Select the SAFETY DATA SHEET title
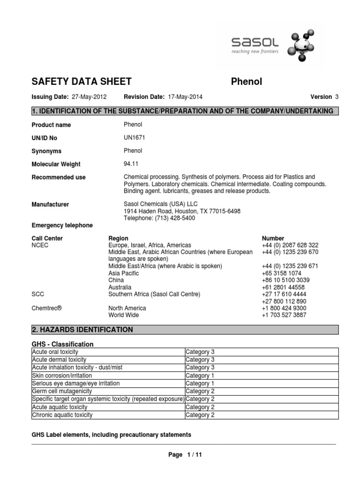pos(81,82)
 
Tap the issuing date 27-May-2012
pos(89,97)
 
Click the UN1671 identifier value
pos(135,138)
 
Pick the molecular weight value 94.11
pos(131,164)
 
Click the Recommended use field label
pos(58,178)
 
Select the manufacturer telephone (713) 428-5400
pos(159,218)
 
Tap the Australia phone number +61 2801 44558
pos(283,287)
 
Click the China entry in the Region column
pos(116,280)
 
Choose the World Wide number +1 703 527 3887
pos(284,315)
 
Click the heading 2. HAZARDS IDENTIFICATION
pos(82,330)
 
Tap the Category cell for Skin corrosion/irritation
pos(200,375)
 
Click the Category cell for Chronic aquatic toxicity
pos(200,415)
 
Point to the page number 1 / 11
pos(185,455)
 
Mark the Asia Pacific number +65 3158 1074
pos(281,273)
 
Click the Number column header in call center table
pos(273,238)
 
